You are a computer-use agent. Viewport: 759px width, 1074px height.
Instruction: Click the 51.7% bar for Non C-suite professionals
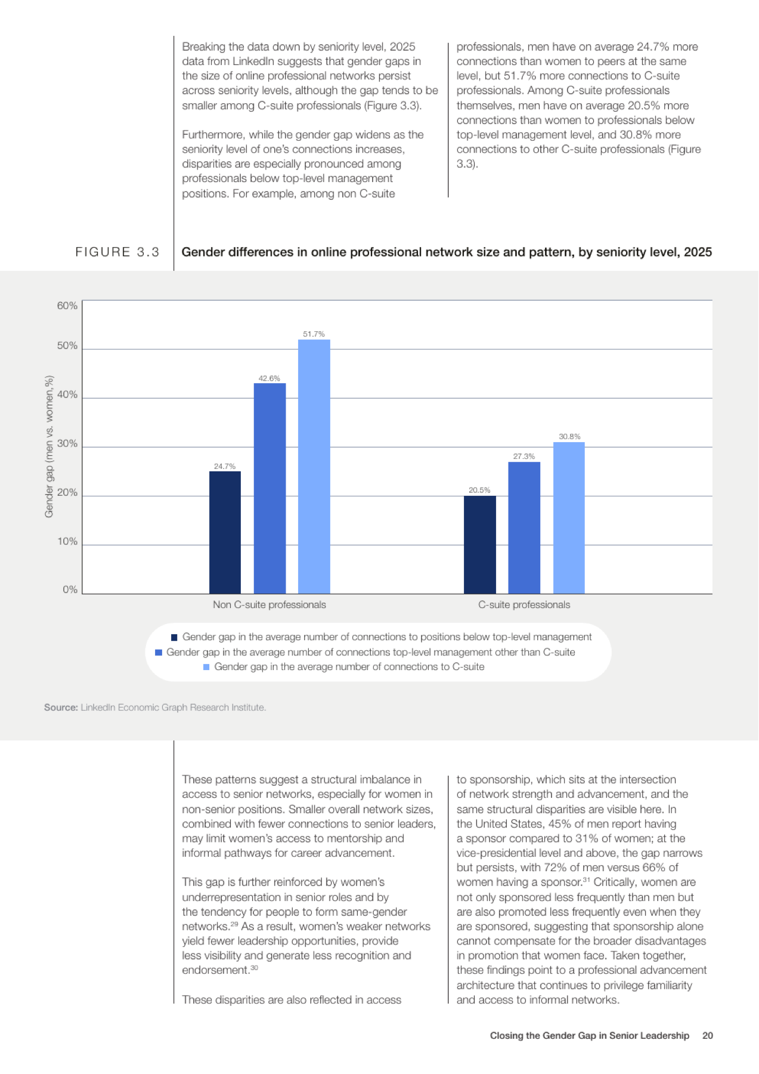coord(314,467)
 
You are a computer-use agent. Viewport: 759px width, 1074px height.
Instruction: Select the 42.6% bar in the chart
coord(269,488)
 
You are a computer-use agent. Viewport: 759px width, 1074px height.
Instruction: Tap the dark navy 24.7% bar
coord(225,532)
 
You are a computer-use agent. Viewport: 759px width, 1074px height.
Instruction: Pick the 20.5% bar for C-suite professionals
coord(480,545)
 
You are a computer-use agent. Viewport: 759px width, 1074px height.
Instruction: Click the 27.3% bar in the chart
coord(524,527)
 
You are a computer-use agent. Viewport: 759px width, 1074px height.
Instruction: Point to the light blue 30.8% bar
coord(569,518)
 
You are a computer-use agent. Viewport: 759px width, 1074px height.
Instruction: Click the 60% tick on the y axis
coord(67,305)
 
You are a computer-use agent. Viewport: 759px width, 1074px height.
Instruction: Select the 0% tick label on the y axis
coord(70,590)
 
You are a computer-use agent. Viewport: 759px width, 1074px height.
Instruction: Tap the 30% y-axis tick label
coord(67,443)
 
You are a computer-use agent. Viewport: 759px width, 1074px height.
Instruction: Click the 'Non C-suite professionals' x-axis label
coord(269,604)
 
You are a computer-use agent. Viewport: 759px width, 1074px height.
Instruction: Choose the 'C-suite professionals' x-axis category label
coord(524,604)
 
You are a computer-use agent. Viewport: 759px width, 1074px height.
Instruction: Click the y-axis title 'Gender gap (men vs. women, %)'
coord(49,446)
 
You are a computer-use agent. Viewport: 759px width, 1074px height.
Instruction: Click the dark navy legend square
coord(174,637)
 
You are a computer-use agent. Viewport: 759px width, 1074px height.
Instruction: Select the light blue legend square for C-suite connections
coord(206,667)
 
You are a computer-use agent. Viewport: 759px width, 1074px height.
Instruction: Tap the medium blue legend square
coord(159,652)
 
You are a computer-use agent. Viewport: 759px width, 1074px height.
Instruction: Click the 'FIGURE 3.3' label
coord(117,252)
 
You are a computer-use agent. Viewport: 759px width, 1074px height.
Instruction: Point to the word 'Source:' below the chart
coord(61,707)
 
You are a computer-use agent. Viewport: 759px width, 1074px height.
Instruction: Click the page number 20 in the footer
coord(708,1035)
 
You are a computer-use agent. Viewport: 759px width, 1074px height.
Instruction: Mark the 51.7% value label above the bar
coord(314,334)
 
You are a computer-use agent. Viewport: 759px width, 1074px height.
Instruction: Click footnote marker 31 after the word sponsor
coord(586,879)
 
